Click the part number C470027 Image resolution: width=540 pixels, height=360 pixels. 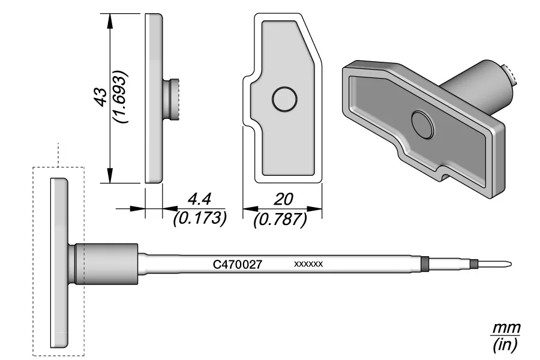point(238,264)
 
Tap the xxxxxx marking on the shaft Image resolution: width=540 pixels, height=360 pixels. point(308,264)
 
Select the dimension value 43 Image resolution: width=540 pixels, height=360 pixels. point(101,97)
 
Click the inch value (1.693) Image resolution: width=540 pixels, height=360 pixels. point(121,97)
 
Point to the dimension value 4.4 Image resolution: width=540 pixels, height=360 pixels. point(199,199)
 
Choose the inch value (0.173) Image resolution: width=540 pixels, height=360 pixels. point(200,218)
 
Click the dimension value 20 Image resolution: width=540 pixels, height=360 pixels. point(283,199)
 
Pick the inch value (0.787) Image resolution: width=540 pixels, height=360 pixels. point(280,220)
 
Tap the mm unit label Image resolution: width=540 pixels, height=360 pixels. point(506,328)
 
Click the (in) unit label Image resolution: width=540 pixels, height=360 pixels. point(505,344)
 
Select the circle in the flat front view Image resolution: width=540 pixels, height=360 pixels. point(284,99)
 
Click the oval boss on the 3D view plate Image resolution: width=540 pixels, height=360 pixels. point(423,124)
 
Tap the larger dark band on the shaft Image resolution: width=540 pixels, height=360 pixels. point(425,264)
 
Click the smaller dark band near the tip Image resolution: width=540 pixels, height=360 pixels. point(475,265)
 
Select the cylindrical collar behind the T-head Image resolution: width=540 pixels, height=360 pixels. point(107,264)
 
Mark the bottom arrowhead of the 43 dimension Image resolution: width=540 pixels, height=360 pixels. point(110,175)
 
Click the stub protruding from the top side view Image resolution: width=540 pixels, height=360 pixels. point(170,100)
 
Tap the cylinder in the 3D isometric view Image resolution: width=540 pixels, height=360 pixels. point(479,89)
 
